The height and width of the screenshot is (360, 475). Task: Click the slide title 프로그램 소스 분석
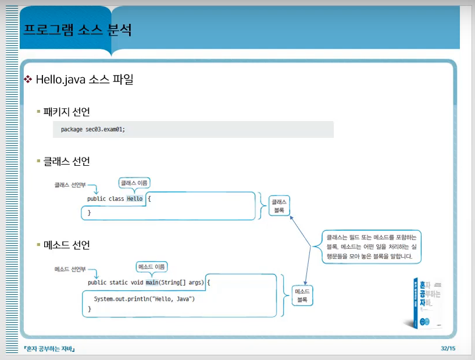tap(77, 30)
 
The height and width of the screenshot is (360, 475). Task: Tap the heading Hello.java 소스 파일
tap(85, 80)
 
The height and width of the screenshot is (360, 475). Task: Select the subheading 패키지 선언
tap(67, 111)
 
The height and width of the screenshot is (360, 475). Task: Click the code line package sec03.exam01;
tap(93, 129)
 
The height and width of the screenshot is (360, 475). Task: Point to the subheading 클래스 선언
tap(67, 161)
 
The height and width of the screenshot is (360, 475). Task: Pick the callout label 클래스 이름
tap(134, 183)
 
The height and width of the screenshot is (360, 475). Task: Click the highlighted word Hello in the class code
tap(134, 198)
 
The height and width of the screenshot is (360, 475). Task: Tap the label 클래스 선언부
tap(70, 185)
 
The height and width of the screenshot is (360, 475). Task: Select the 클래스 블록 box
tap(279, 206)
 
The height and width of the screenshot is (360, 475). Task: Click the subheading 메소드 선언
tap(67, 245)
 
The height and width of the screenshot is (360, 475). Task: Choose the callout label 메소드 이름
tap(151, 267)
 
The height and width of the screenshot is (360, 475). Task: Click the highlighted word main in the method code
tap(152, 282)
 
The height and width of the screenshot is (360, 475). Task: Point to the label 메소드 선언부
tap(70, 269)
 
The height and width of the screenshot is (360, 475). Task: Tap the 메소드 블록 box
tap(302, 295)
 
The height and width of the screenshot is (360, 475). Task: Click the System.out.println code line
tap(144, 299)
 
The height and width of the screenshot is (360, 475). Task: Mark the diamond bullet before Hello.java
tap(27, 79)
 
